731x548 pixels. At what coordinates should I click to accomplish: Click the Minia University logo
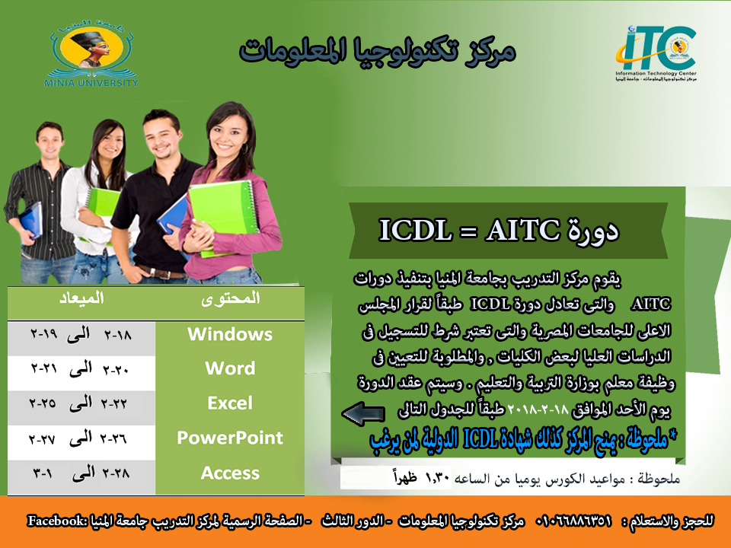(91, 53)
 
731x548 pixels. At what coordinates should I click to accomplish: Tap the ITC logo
(656, 53)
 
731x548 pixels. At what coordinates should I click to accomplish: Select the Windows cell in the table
(230, 334)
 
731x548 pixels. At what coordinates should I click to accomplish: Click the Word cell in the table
(230, 368)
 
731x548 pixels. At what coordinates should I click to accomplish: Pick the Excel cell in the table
(230, 403)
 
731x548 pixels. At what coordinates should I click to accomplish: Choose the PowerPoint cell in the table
(230, 438)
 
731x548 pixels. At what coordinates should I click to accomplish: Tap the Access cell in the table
(230, 473)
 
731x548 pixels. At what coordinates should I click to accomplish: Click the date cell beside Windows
(81, 334)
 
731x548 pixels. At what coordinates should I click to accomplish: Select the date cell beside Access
(81, 473)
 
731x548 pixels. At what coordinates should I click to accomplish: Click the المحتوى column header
(230, 298)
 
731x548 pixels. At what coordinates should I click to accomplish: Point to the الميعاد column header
(81, 298)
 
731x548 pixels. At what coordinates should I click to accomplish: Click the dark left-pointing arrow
(363, 413)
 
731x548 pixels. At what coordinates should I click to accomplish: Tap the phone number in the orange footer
(573, 521)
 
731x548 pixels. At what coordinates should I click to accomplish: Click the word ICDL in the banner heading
(416, 230)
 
